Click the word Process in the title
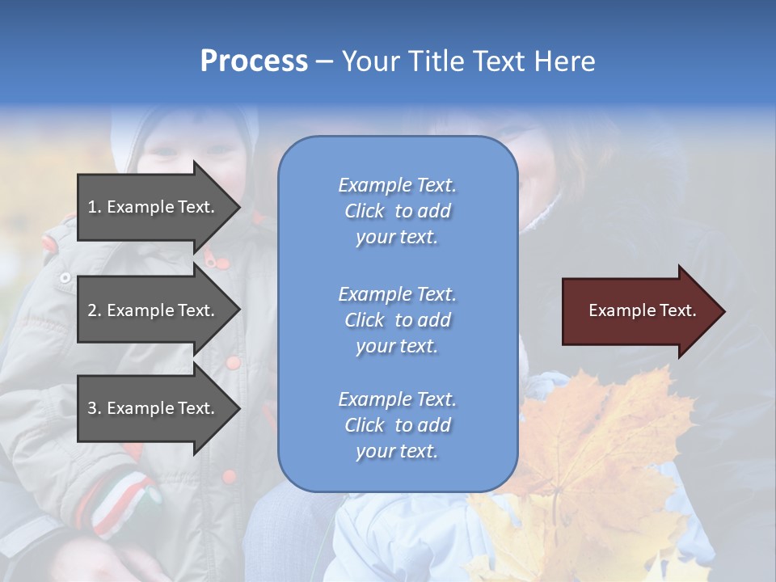tap(254, 61)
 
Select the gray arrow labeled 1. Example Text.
tap(154, 207)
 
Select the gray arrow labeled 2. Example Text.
tap(154, 310)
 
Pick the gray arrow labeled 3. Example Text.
tap(154, 408)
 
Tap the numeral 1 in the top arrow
tap(92, 207)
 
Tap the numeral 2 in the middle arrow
tap(92, 310)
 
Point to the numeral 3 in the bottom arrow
tap(92, 408)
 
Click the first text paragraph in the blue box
tap(397, 211)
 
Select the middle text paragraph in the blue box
tap(397, 320)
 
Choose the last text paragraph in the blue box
tap(397, 425)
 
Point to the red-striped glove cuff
tap(121, 501)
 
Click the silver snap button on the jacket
tap(65, 278)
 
